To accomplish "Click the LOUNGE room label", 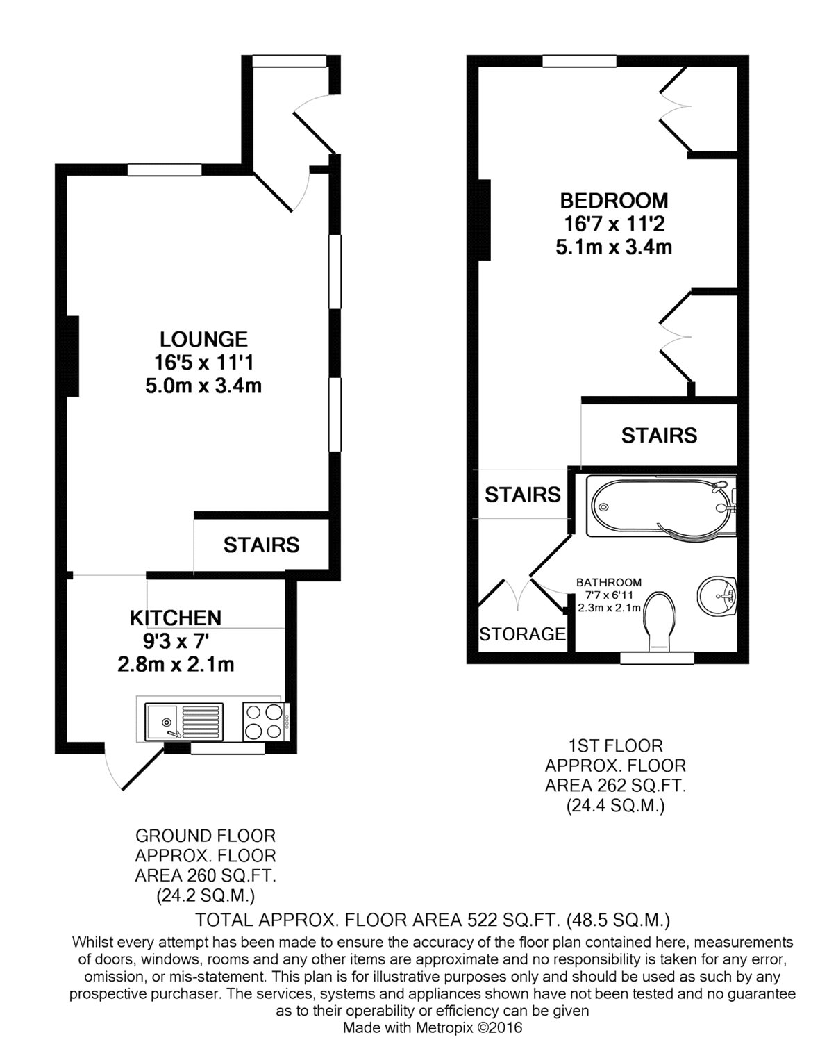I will (203, 339).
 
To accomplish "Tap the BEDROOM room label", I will (614, 201).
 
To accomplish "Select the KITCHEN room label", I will (176, 617).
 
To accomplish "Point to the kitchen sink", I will (184, 721).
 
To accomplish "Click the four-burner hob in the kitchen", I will (265, 721).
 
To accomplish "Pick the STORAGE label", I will (522, 634).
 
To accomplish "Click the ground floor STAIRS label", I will (261, 545).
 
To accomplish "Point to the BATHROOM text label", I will (609, 583).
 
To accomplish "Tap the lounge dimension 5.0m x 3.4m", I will (203, 386).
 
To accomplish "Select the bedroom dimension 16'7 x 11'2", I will (614, 224).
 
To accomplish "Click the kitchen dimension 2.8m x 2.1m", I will (176, 664).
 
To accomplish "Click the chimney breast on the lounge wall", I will (72, 356).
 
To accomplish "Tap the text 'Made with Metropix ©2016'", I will (433, 1027).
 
